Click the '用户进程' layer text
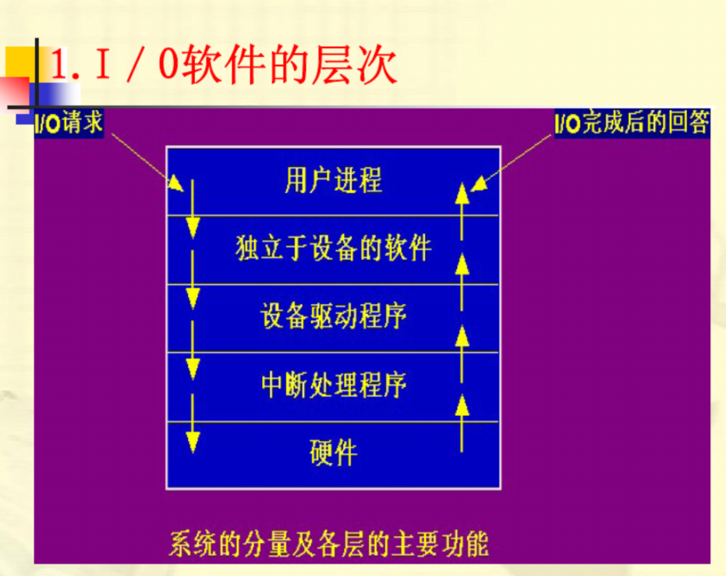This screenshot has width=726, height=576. [333, 181]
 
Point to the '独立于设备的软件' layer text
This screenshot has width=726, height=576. [333, 249]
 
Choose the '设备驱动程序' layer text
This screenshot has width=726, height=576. [333, 317]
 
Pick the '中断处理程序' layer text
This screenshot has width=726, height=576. [333, 385]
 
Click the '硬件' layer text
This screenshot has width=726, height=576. [333, 452]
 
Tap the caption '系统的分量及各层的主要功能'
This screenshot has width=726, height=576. [328, 544]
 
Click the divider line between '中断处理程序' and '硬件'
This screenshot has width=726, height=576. [333, 421]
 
